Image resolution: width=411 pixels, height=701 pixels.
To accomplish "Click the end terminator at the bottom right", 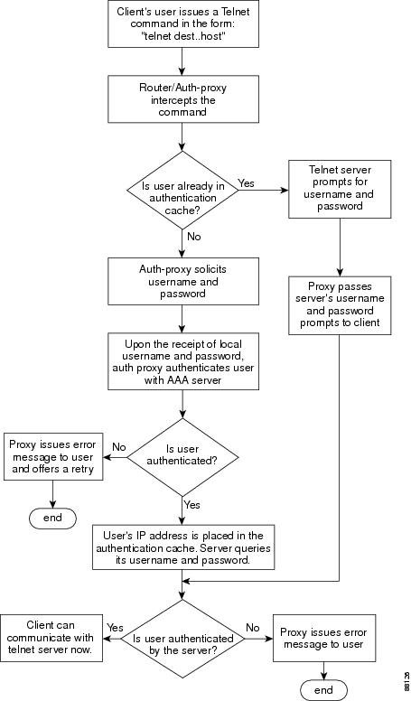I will coord(323,689).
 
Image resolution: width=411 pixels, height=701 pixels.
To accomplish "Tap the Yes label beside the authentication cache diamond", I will coord(246,183).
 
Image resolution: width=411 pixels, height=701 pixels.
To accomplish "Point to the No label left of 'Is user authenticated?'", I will coord(117,444).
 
